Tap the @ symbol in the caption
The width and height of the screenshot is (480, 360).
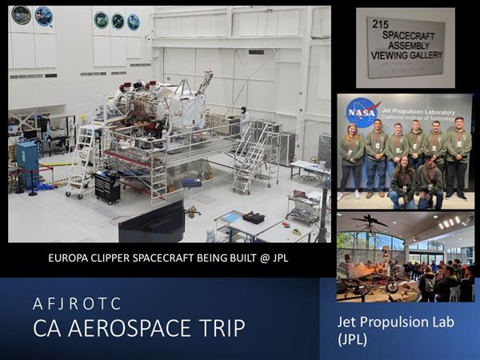[265, 258]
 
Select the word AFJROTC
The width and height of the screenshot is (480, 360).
[77, 304]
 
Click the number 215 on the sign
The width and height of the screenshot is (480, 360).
[380, 25]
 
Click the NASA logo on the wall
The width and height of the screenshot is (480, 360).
[362, 113]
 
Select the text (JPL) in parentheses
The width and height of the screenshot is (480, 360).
[352, 339]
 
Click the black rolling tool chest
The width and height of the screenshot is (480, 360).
[107, 188]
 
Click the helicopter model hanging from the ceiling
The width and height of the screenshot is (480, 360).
[370, 220]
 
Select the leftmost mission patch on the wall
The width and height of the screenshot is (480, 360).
[21, 15]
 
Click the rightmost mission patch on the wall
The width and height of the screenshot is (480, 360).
[134, 22]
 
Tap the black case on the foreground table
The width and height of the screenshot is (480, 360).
[254, 218]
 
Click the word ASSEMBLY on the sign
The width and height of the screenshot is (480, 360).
[409, 46]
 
